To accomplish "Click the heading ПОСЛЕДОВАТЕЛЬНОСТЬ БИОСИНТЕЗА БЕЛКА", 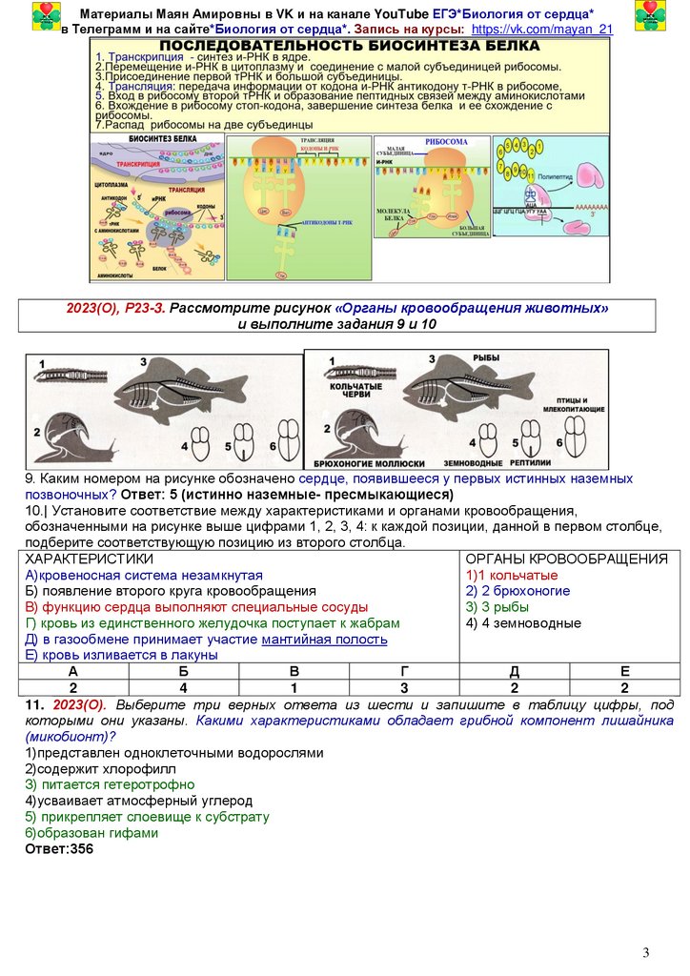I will [349, 47].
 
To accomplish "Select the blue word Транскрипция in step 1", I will [137, 58].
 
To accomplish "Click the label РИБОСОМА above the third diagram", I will [446, 142].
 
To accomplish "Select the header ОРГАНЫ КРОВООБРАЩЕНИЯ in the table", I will [567, 559].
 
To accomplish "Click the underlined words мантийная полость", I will [324, 639].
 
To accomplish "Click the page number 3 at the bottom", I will [645, 953].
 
